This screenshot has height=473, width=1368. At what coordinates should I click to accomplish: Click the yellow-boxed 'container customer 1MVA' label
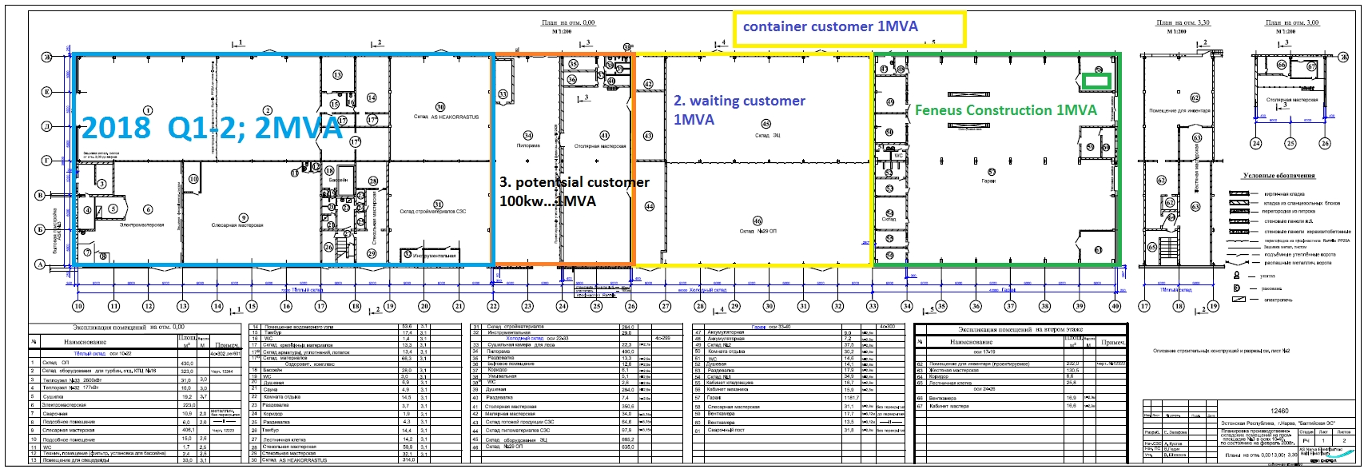(830, 26)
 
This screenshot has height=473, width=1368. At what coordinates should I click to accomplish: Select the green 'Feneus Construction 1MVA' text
(1005, 110)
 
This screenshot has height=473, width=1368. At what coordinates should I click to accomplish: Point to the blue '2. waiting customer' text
(739, 101)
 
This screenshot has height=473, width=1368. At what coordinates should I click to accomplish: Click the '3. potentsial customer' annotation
(574, 182)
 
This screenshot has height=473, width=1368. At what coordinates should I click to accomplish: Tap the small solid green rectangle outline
(1097, 80)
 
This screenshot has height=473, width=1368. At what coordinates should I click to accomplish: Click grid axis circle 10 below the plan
(78, 306)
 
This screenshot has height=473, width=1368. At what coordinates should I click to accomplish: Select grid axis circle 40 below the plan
(1115, 306)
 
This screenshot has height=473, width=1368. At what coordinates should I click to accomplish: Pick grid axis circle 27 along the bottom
(666, 306)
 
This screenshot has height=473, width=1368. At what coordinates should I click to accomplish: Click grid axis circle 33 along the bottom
(872, 306)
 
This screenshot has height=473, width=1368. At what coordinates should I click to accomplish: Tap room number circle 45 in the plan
(766, 124)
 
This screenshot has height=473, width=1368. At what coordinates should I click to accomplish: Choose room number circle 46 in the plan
(757, 221)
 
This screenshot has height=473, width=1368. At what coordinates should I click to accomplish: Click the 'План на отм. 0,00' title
(567, 23)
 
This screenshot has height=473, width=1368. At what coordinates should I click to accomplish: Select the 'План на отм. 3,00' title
(1292, 23)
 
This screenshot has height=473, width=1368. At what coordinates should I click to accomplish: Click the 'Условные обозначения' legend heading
(1279, 176)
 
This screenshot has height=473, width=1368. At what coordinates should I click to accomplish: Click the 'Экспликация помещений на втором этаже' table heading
(1020, 329)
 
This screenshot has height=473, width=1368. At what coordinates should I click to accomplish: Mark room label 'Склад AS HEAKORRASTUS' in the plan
(446, 117)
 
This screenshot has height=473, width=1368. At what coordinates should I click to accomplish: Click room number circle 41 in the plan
(604, 135)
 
